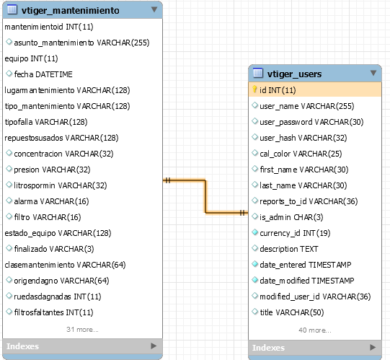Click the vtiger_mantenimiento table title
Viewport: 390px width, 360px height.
click(70, 10)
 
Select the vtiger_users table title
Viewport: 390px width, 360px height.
click(294, 74)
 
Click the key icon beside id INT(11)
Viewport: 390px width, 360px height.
click(254, 89)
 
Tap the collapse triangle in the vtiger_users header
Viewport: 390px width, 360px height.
click(373, 73)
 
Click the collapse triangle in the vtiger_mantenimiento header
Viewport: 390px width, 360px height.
click(154, 9)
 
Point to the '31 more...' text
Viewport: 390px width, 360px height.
click(82, 330)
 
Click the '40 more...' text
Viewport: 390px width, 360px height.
click(315, 330)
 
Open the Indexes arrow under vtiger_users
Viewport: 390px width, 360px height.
click(373, 347)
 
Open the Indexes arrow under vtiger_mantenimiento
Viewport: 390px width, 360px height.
click(154, 346)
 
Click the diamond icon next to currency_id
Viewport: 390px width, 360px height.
click(254, 232)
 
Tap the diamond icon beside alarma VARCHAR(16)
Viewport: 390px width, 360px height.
click(9, 201)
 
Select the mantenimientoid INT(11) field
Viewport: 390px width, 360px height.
click(49, 27)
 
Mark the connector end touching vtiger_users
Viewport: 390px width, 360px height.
click(248, 213)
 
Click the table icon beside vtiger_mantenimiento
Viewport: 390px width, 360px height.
click(12, 9)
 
